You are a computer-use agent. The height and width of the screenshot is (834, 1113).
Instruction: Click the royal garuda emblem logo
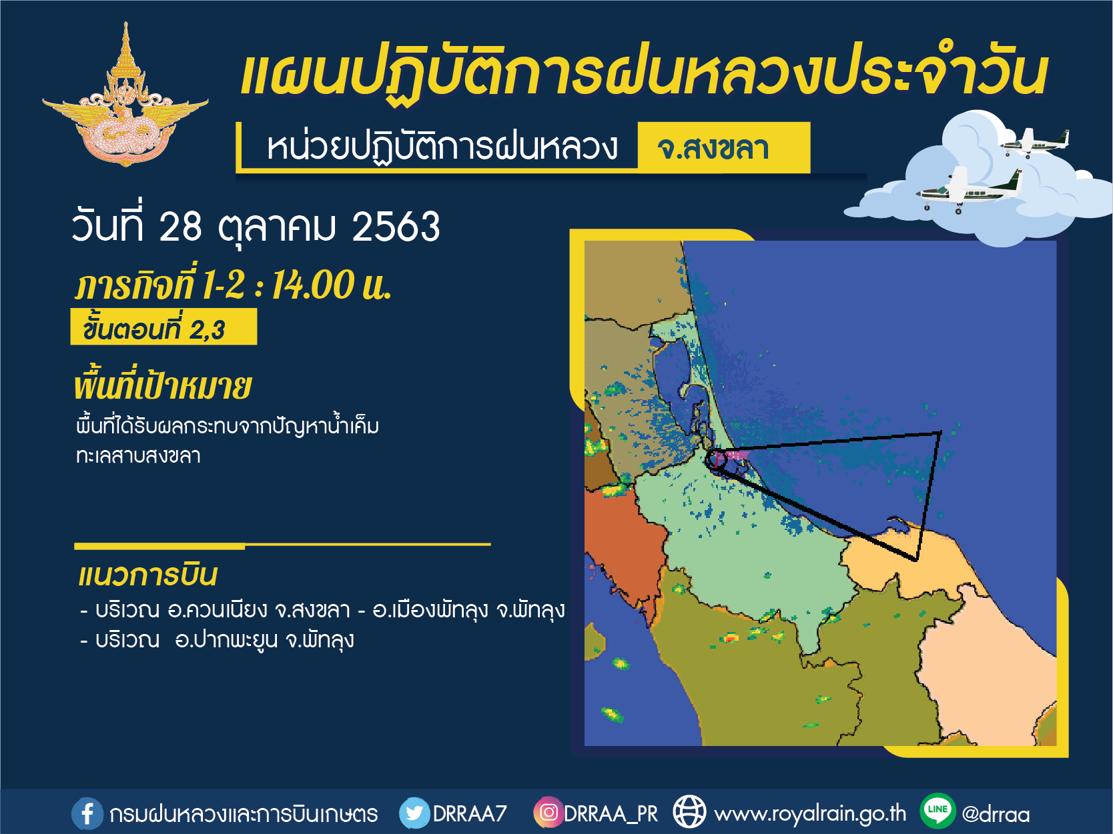(125, 95)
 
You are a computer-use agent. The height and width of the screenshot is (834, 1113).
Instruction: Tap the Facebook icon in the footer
(87, 814)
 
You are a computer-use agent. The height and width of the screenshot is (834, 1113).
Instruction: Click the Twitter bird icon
(414, 813)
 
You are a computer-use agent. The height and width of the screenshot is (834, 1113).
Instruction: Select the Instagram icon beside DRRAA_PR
(548, 813)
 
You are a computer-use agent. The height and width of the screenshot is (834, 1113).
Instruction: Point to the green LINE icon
(938, 811)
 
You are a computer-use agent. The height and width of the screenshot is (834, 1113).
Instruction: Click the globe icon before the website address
(689, 812)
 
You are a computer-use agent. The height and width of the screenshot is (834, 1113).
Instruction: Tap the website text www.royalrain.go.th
(810, 814)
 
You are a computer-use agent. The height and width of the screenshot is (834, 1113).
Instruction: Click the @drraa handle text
(996, 814)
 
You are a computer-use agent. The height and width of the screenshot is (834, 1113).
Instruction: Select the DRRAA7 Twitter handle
(470, 814)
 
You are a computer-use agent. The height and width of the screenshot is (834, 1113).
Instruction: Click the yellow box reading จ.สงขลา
(723, 147)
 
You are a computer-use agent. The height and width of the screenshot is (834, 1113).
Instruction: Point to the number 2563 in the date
(396, 227)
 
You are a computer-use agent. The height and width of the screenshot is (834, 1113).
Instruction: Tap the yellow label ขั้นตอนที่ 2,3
(163, 327)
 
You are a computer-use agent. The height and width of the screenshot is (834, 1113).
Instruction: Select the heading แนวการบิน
(147, 575)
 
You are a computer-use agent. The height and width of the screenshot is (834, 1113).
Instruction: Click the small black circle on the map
(716, 459)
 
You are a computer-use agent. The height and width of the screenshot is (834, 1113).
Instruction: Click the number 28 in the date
(181, 227)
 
